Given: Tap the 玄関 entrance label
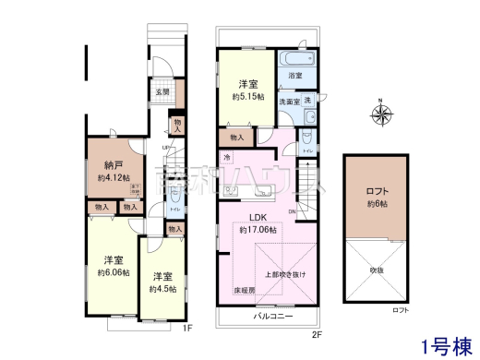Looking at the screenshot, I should tap(161, 91).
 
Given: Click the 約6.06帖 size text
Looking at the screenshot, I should tap(114, 274).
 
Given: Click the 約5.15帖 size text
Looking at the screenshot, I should tap(247, 96).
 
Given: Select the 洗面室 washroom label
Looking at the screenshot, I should tap(289, 102).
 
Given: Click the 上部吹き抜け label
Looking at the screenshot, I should tap(285, 274).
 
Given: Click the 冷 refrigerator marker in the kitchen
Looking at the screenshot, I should tap(227, 157).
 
